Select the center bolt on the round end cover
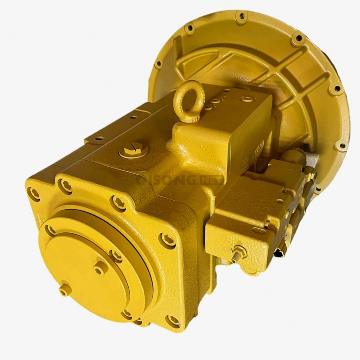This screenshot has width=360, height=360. click(99, 269)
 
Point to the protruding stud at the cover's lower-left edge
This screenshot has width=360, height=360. click(64, 289)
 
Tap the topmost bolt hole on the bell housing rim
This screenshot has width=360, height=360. click(241, 17)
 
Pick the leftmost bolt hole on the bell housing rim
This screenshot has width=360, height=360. click(158, 63)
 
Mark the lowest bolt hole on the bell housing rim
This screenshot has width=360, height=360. click(342, 145)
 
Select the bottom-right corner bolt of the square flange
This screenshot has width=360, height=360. click(173, 320)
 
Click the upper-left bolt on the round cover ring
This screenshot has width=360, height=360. click(49, 230)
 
